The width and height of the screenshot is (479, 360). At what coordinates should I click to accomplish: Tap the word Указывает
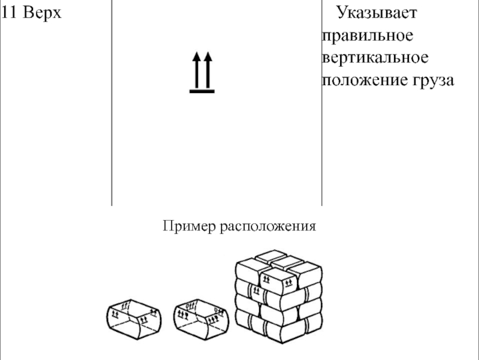point(378,13)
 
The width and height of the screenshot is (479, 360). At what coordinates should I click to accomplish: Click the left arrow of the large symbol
point(196,71)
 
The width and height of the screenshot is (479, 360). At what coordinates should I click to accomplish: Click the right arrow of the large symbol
point(208,71)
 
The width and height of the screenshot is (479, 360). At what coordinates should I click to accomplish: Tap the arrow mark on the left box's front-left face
point(116,312)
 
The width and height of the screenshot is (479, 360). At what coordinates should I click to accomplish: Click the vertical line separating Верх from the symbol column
point(111,102)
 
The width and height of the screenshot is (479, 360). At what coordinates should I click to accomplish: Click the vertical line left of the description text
point(322,102)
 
